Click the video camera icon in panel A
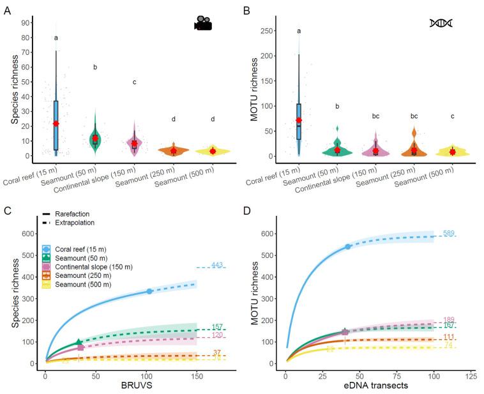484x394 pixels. (x=203, y=24)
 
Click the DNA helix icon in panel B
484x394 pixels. (x=441, y=24)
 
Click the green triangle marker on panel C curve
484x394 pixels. (x=79, y=343)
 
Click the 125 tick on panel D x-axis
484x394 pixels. (x=472, y=375)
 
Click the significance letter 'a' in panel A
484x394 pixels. (x=56, y=38)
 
